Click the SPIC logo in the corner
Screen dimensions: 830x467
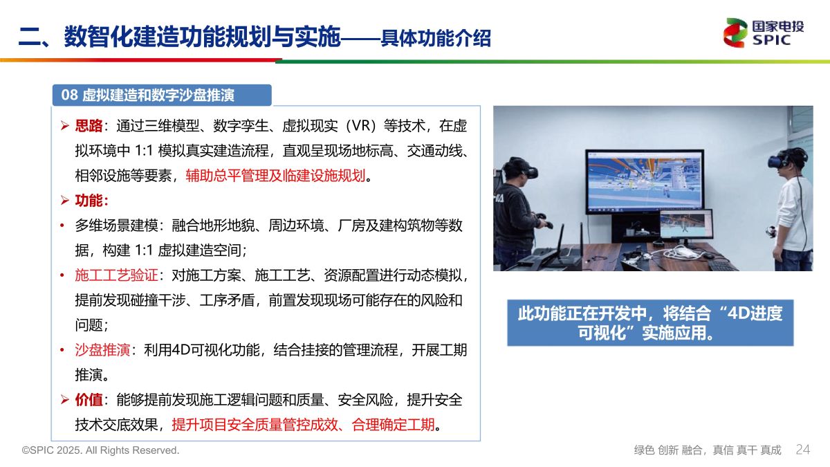[x=764, y=33]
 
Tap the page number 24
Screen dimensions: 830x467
[x=803, y=450]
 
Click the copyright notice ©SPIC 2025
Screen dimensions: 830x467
[x=100, y=450]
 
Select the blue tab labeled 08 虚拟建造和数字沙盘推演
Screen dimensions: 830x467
[x=162, y=95]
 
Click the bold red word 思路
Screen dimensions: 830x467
[x=89, y=126]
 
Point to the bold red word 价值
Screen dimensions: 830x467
[x=89, y=400]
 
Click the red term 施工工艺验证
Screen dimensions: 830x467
[x=116, y=275]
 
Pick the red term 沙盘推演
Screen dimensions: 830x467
[x=102, y=349]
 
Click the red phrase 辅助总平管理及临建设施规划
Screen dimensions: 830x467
[x=276, y=175]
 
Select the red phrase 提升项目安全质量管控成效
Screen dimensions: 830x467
[x=255, y=424]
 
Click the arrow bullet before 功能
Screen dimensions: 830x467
[x=65, y=201]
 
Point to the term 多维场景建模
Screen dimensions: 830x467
[x=116, y=226]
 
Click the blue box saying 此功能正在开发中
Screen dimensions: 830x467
[x=650, y=323]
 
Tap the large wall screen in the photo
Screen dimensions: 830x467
[x=645, y=181]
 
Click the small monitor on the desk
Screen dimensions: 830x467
[x=686, y=224]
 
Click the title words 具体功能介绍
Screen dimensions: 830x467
[x=436, y=38]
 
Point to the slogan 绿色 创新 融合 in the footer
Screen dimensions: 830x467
[x=667, y=450]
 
